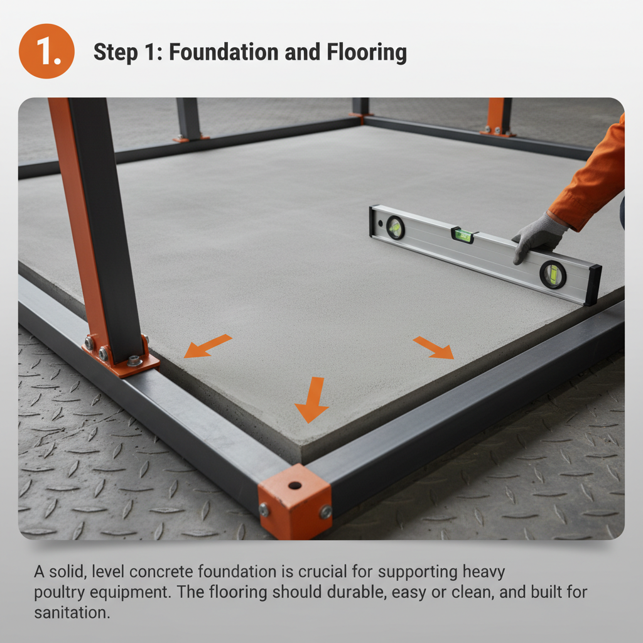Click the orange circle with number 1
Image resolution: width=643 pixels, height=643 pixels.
pyautogui.click(x=46, y=51)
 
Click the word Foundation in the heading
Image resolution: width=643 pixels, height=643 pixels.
pyautogui.click(x=224, y=52)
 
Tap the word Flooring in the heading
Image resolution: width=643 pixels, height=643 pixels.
pyautogui.click(x=367, y=53)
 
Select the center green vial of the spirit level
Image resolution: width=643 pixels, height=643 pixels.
pyautogui.click(x=463, y=235)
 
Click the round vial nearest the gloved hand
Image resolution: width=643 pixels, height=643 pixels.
pyautogui.click(x=553, y=274)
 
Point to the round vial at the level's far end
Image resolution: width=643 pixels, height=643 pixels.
pyautogui.click(x=396, y=227)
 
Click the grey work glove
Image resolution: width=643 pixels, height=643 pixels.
pyautogui.click(x=538, y=236)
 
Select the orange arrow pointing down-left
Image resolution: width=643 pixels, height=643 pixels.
pyautogui.click(x=207, y=346)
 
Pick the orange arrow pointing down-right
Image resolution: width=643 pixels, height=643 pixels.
pyautogui.click(x=434, y=347)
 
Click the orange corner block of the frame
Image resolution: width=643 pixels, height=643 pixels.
pyautogui.click(x=294, y=502)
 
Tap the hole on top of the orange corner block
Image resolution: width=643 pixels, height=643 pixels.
pyautogui.click(x=295, y=486)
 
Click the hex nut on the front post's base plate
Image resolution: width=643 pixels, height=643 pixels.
pyautogui.click(x=134, y=361)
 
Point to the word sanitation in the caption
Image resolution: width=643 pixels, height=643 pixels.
pyautogui.click(x=72, y=613)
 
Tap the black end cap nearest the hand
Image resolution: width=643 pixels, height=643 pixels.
pyautogui.click(x=593, y=285)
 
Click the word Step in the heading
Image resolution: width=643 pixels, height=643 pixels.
pyautogui.click(x=116, y=53)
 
